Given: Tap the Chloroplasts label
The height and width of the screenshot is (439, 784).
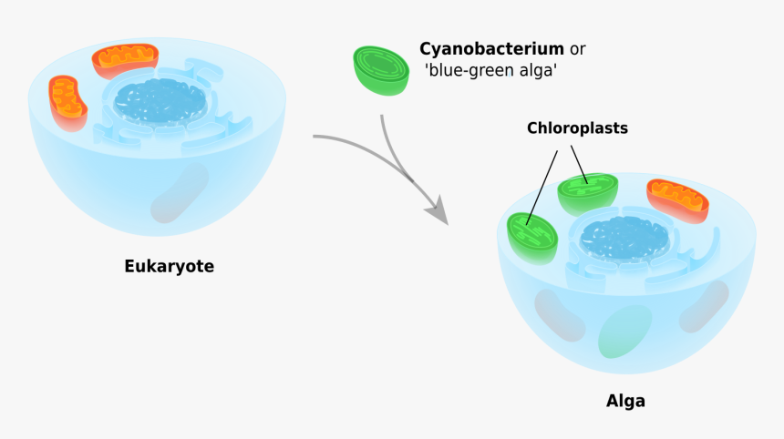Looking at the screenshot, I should pos(577,128).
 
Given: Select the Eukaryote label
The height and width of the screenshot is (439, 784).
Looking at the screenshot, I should pos(169,267).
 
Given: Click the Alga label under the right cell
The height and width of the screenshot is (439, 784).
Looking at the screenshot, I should pos(625,401).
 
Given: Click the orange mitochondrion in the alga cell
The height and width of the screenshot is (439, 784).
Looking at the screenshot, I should pos(677,199).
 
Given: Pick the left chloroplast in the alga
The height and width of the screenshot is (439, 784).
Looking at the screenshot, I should pos(531,233).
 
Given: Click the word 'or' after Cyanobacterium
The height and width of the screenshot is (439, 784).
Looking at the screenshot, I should pos(577,49).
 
